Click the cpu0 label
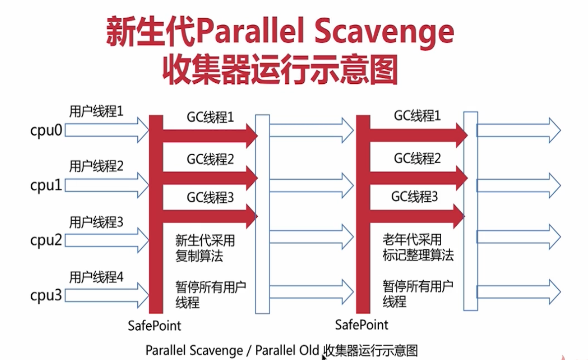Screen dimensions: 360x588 point(46,131)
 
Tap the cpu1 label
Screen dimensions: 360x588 point(46,185)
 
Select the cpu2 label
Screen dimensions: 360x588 point(46,241)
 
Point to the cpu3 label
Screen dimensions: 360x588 point(46,296)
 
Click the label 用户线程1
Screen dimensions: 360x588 point(96,112)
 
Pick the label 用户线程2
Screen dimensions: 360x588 point(96,166)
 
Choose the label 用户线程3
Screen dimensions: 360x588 point(96,222)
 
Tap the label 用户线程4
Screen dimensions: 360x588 point(96,277)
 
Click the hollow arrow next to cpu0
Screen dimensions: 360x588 point(107,130)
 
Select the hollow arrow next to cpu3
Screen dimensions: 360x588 point(107,296)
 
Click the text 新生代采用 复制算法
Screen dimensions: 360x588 point(205,248)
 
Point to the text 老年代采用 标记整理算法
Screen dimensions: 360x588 point(418,248)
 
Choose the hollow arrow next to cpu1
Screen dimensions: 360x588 point(107,185)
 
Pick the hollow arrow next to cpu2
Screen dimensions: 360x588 point(107,240)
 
